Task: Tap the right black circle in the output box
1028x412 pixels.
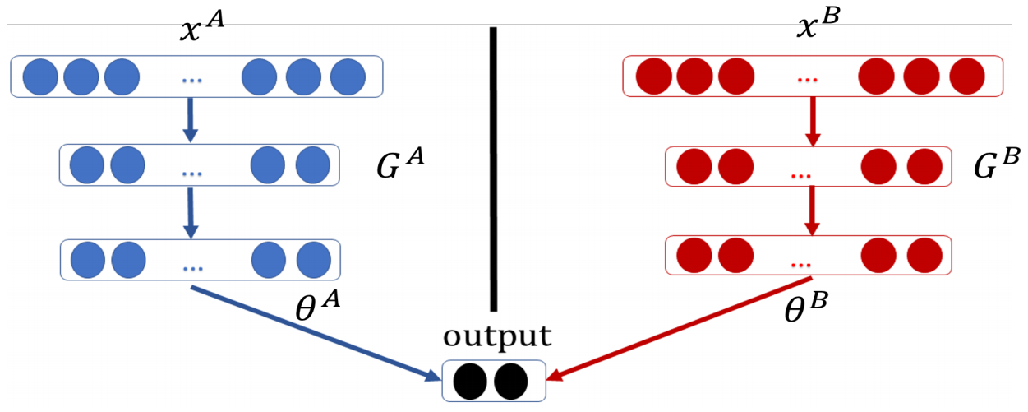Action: pyautogui.click(x=511, y=380)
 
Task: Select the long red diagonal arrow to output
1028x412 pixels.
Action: pyautogui.click(x=674, y=333)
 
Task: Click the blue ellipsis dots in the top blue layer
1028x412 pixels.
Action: pyautogui.click(x=191, y=79)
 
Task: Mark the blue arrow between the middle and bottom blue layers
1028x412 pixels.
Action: pyautogui.click(x=190, y=213)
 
